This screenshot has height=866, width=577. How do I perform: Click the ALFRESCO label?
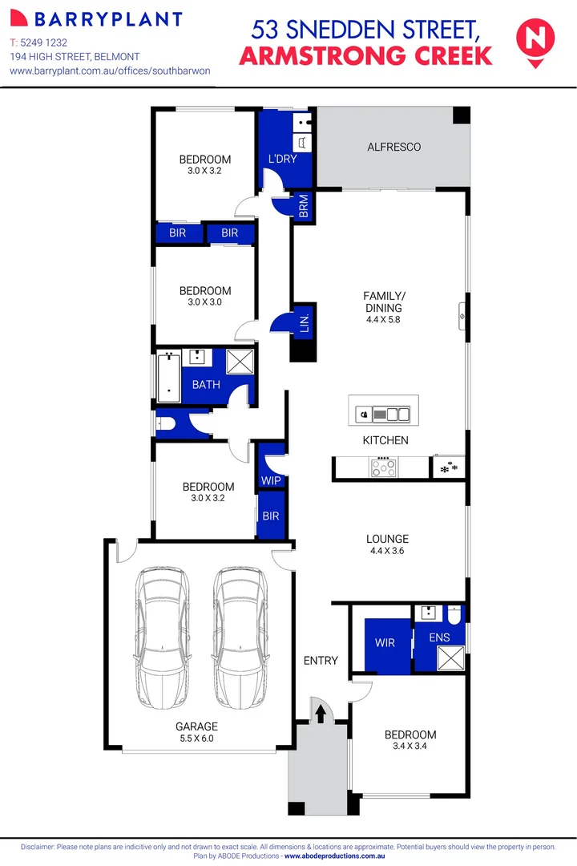coord(393,148)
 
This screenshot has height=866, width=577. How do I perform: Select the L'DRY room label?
coord(282,159)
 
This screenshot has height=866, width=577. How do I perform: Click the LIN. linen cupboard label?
coord(304,323)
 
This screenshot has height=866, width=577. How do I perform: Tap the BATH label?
coord(206,385)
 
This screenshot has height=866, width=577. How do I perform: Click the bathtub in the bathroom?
coord(167,376)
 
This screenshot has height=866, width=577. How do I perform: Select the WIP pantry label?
coord(271,480)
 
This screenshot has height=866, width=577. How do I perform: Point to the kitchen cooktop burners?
coord(381,465)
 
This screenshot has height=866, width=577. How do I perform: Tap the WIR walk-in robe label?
coord(385,643)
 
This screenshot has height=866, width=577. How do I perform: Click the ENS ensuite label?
coord(439,638)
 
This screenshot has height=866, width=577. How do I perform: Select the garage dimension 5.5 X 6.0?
coord(196,739)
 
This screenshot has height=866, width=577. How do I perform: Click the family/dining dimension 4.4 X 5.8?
coord(382,319)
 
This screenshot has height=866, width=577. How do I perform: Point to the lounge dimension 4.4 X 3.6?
coord(387,551)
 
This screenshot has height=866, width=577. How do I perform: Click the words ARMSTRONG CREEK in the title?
coord(366,57)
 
